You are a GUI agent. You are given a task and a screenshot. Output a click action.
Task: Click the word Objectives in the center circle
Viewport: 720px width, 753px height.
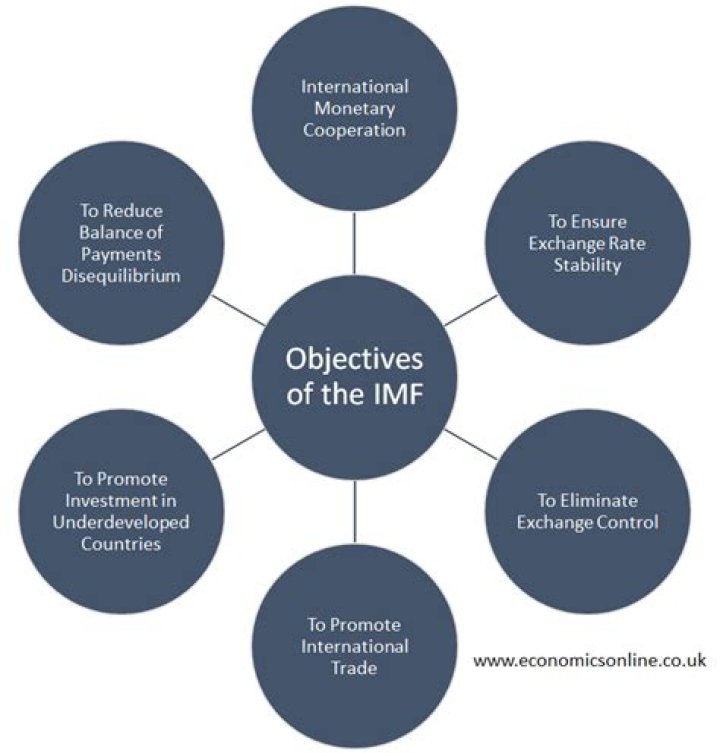354,360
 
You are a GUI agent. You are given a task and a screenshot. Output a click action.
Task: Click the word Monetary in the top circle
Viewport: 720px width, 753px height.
354,107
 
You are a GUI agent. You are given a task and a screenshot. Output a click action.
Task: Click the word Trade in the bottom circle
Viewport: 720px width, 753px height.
356,667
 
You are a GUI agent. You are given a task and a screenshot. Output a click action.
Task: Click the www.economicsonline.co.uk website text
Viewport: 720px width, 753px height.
590,661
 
